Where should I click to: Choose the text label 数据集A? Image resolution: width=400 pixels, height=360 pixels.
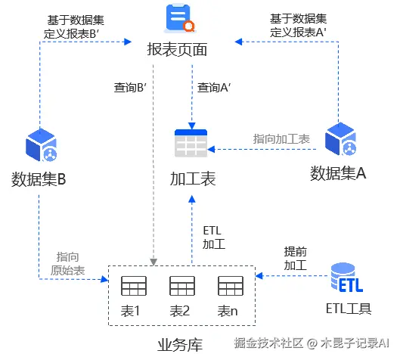tap(339, 173)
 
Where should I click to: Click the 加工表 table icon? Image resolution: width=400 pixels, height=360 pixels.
tap(191, 144)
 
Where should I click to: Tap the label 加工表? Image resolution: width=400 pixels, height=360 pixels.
tap(193, 179)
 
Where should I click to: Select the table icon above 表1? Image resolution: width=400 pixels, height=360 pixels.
tap(133, 287)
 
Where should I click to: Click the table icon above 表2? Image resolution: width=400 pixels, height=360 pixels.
tap(181, 287)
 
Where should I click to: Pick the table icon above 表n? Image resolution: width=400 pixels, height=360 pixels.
tap(230, 287)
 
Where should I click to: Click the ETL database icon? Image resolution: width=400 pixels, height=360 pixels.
tap(346, 278)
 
